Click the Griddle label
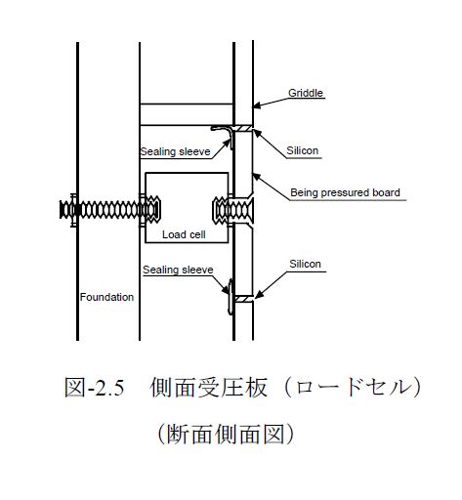tap(306, 93)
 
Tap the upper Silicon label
tap(302, 150)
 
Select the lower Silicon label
tap(305, 264)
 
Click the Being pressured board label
tap(345, 192)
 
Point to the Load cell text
tap(184, 234)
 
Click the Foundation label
tap(106, 297)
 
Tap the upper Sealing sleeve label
tap(175, 151)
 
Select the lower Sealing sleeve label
tap(178, 270)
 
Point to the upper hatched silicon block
tap(243, 128)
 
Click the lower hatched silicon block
tap(243, 299)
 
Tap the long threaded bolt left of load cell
tap(110, 210)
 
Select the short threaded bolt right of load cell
tap(233, 210)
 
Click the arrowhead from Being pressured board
tap(256, 177)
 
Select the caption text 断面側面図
tap(226, 435)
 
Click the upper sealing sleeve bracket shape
tap(224, 135)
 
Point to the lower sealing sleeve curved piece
tap(231, 297)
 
